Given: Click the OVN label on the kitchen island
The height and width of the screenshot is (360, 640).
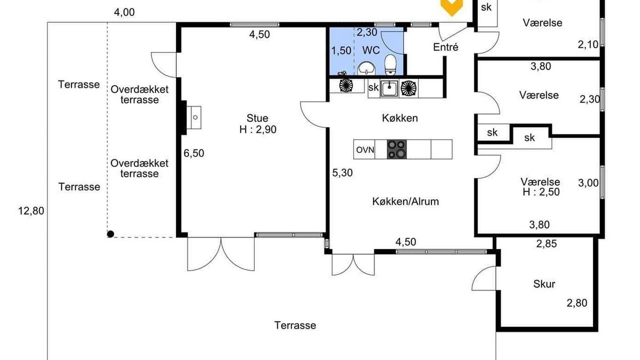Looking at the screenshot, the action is pyautogui.click(x=365, y=149).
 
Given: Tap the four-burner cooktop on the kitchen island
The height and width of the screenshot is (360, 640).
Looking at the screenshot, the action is pyautogui.click(x=396, y=149).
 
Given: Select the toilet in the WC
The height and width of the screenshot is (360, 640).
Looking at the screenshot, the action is pyautogui.click(x=390, y=65).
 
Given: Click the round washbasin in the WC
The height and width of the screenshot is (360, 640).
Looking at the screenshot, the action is pyautogui.click(x=366, y=68).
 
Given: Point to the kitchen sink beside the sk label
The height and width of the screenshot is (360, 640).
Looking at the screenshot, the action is pyautogui.click(x=389, y=88).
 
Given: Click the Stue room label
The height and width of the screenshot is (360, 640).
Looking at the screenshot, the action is pyautogui.click(x=257, y=118).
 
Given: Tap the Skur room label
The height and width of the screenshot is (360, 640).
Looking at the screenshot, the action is pyautogui.click(x=544, y=284).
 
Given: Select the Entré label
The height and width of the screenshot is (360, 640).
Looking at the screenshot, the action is pyautogui.click(x=445, y=47).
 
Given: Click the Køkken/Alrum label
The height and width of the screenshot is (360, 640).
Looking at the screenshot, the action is pyautogui.click(x=405, y=201).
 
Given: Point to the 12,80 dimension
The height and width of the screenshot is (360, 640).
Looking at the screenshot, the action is pyautogui.click(x=31, y=211).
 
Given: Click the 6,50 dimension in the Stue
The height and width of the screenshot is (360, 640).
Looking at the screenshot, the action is pyautogui.click(x=193, y=153).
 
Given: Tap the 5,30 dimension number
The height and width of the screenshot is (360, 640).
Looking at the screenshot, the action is pyautogui.click(x=342, y=173).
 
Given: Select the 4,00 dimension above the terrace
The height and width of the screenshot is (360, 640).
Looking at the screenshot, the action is pyautogui.click(x=124, y=12).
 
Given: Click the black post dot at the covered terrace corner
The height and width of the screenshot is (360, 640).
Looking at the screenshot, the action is pyautogui.click(x=110, y=234).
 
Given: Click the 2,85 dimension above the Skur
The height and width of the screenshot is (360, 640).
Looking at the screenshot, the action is pyautogui.click(x=546, y=243).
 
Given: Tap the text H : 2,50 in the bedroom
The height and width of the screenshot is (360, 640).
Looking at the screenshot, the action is pyautogui.click(x=541, y=192).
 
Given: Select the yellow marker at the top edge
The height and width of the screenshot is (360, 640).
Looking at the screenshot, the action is pyautogui.click(x=451, y=7).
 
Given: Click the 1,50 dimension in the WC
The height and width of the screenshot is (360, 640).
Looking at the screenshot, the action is pyautogui.click(x=341, y=51).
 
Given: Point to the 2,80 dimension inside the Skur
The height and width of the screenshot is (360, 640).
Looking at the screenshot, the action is pyautogui.click(x=577, y=303).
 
